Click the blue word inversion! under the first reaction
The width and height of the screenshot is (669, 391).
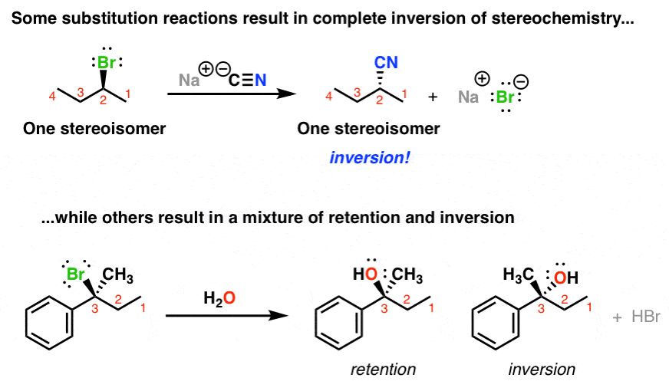[370, 158]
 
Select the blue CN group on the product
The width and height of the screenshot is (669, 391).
[386, 63]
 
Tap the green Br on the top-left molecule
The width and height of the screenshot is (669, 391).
[106, 63]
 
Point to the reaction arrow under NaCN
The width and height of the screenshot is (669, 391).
[232, 94]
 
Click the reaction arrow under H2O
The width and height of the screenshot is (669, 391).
[227, 316]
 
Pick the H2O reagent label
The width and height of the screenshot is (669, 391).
[219, 298]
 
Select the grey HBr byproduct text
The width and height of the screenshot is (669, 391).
[646, 317]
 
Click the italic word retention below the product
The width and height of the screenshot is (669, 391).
[383, 370]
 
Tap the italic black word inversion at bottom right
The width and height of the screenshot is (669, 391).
[542, 370]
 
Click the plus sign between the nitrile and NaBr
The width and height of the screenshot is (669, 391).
[433, 97]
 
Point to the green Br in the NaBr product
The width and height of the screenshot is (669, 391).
[505, 97]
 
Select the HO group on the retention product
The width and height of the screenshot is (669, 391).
[365, 274]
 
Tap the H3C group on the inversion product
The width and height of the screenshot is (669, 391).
[519, 275]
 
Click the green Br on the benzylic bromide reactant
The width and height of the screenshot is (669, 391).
[76, 274]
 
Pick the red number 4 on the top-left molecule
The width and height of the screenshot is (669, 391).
[52, 97]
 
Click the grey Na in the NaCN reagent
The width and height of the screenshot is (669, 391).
[189, 80]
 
